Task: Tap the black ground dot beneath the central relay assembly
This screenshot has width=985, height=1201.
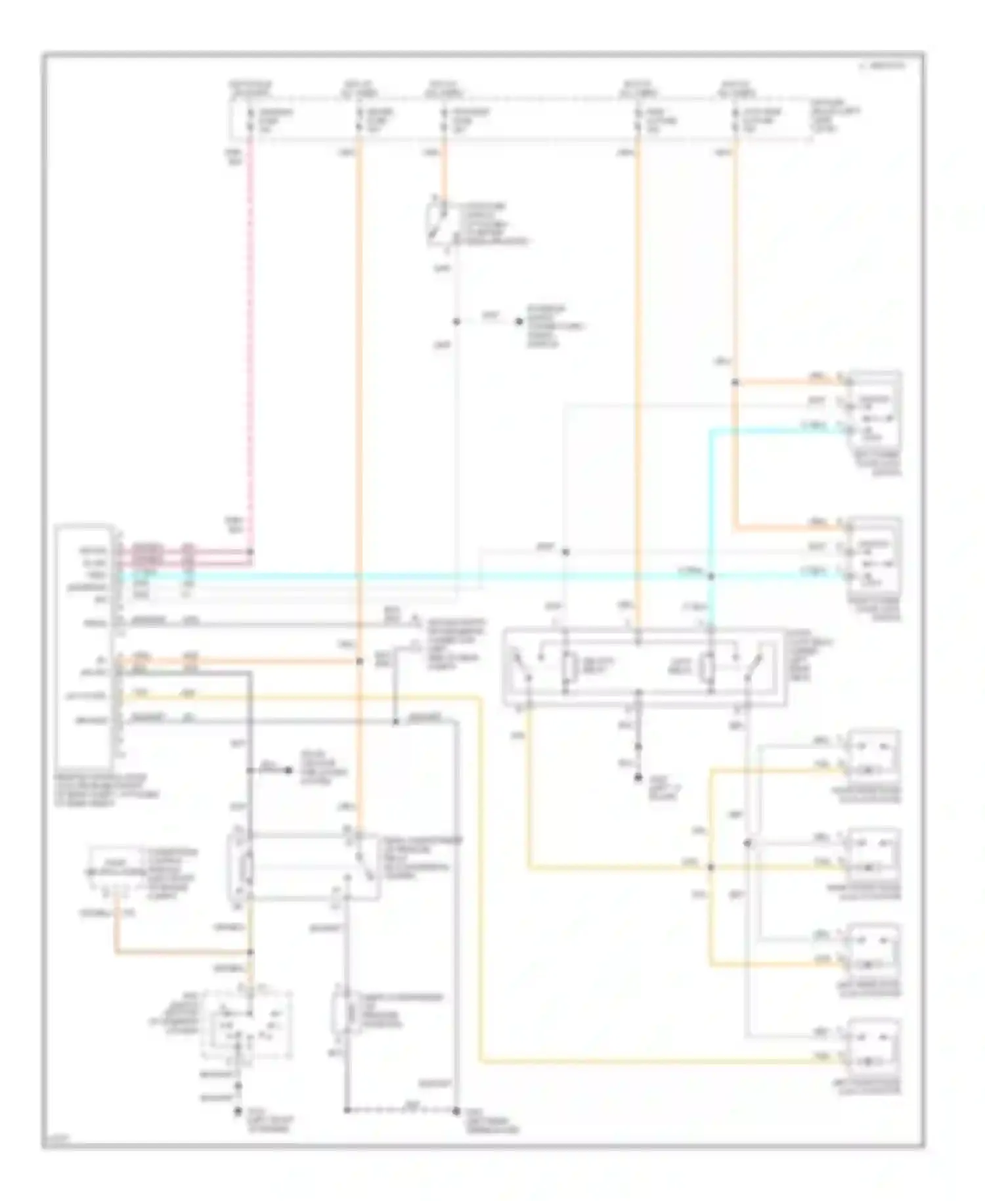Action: pos(638,777)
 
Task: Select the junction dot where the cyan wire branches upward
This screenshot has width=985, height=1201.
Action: pos(711,576)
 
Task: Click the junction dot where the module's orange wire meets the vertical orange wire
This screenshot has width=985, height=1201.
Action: pos(359,661)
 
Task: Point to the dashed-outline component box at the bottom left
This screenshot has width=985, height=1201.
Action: pos(246,1025)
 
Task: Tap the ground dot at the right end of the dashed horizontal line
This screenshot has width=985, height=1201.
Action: pos(455,1111)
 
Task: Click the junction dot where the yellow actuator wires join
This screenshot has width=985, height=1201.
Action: pos(711,867)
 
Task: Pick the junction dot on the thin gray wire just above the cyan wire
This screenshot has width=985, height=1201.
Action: pos(565,552)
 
